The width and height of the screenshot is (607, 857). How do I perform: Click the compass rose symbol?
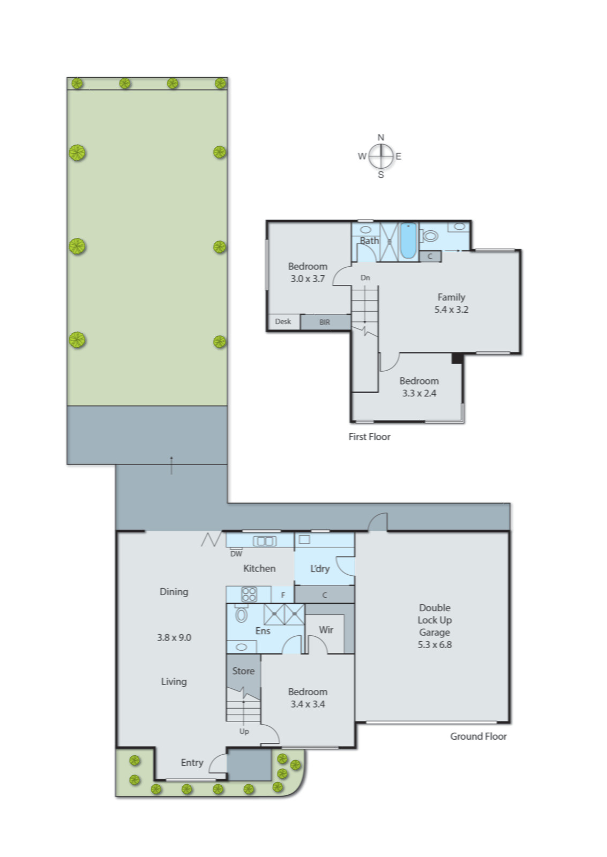click(380, 156)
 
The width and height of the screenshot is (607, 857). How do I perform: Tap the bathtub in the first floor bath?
click(408, 240)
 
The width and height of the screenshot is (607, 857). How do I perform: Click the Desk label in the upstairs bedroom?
click(283, 321)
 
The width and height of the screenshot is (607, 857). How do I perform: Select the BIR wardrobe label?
click(325, 322)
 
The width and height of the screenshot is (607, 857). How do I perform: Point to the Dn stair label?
click(365, 277)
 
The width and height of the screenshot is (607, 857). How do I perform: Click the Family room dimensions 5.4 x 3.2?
click(451, 309)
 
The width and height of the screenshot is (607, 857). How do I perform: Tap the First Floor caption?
click(369, 437)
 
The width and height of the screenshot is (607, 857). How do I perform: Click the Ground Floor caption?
click(478, 736)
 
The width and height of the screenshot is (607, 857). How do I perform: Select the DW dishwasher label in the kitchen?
click(236, 553)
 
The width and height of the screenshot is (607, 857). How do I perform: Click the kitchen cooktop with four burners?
click(249, 594)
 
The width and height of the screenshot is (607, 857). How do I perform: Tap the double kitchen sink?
click(264, 541)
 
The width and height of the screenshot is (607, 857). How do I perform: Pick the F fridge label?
click(283, 595)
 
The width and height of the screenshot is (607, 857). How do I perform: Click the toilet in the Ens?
click(241, 614)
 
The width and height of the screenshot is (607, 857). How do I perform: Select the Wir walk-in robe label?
click(326, 630)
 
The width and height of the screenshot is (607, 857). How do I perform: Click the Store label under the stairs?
click(243, 671)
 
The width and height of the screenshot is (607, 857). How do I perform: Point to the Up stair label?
click(244, 731)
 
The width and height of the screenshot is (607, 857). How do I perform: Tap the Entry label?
click(192, 762)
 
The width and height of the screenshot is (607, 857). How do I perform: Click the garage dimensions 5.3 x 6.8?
click(434, 644)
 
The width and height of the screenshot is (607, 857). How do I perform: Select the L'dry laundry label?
click(320, 568)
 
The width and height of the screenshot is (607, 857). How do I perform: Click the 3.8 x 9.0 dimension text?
click(174, 637)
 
